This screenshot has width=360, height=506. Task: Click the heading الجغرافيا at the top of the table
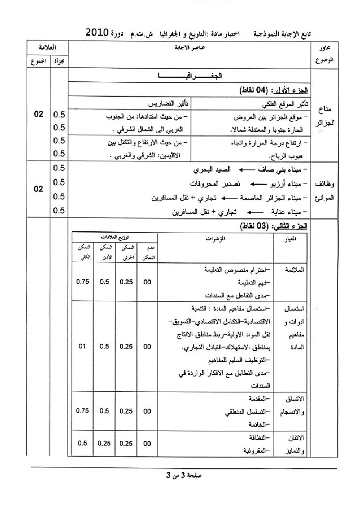[190, 77]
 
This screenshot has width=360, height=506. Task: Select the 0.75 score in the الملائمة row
[83, 281]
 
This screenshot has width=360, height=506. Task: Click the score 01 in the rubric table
[83, 346]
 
